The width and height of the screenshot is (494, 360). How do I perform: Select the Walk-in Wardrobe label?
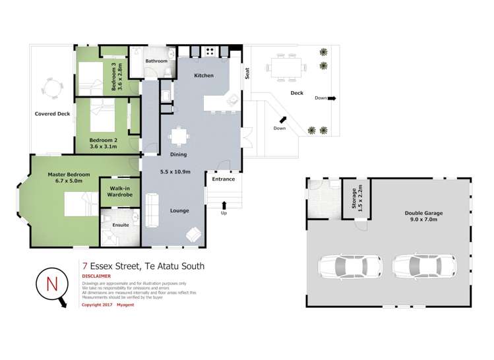point(119,191)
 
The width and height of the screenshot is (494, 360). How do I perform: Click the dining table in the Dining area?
point(179,136)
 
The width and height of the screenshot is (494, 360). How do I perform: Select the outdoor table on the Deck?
point(286,67)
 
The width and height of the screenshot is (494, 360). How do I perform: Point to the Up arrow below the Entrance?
point(224,206)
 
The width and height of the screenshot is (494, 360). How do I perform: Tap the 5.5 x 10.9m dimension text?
point(175,172)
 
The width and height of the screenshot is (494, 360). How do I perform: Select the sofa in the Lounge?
point(152,208)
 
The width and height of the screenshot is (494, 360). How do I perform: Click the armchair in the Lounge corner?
point(194,235)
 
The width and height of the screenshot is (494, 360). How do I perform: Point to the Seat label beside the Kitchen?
point(248,74)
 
